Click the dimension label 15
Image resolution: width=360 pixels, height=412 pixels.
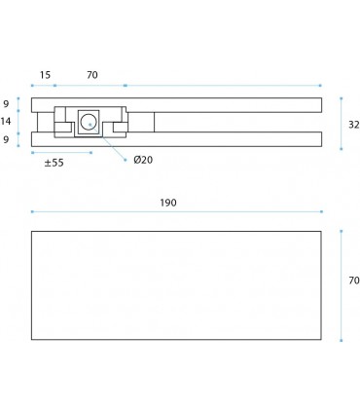[45, 75]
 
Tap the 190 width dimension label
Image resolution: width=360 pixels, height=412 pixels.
[168, 203]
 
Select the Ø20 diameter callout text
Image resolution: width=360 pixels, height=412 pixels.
[143, 160]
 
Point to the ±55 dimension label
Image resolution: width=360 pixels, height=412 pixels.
[54, 163]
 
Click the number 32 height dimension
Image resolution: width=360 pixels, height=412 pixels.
[354, 125]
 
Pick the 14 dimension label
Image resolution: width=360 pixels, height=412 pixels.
[6, 122]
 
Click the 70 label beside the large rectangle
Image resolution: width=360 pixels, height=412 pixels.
[354, 281]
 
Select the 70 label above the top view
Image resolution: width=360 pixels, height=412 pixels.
[92, 75]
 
